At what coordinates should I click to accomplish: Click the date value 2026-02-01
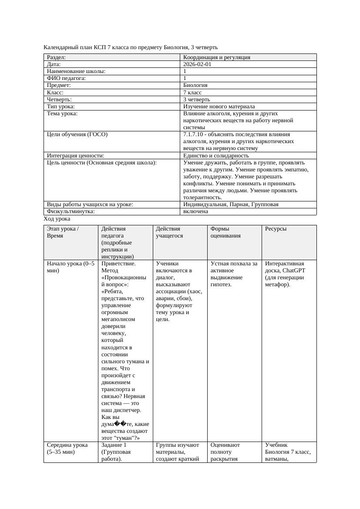tap(197, 64)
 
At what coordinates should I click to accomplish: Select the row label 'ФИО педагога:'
tap(66, 78)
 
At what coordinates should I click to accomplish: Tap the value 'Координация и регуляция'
tap(217, 57)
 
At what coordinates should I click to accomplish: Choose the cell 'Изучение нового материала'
tap(219, 106)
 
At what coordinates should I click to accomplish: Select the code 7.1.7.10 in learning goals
tap(194, 134)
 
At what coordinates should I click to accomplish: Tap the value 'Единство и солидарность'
tap(216, 155)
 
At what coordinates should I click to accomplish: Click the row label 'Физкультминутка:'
tap(71, 211)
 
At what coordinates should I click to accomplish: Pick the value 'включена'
tap(195, 211)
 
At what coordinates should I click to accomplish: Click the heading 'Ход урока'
tap(57, 219)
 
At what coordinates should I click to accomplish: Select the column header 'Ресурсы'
tap(276, 229)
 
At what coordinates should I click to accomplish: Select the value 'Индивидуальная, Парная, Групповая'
tap(231, 204)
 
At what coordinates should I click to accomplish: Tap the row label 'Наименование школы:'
tap(76, 71)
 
